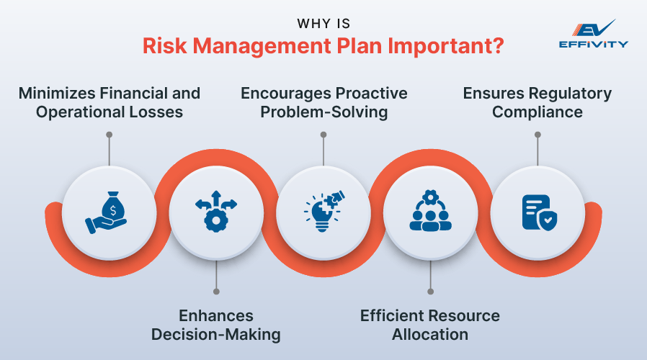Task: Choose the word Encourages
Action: pos(285,94)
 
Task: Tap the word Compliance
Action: pos(537,112)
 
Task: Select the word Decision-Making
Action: pos(216,334)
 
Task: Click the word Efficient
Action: pos(392,316)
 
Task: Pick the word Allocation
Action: pos(430,334)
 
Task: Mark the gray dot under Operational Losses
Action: pos(109,133)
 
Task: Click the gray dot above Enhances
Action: pos(216,292)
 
